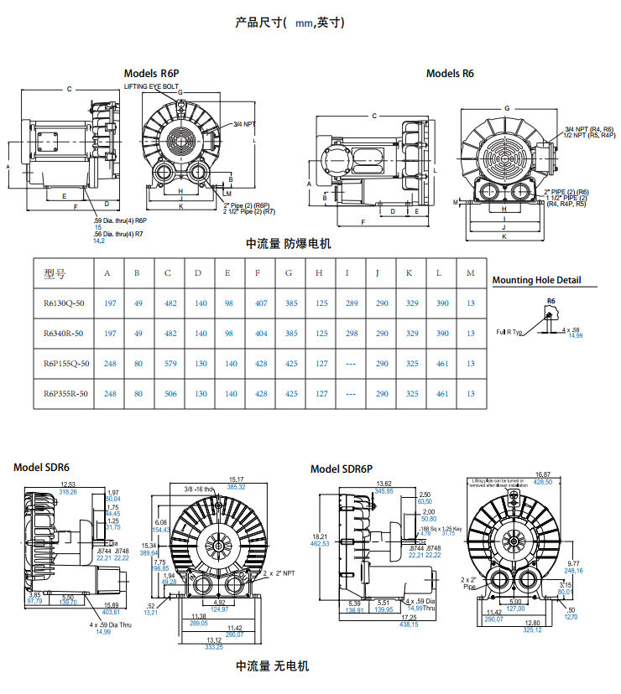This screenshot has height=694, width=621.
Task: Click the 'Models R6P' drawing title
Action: coord(151,74)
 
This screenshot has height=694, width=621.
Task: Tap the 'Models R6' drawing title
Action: coord(450,74)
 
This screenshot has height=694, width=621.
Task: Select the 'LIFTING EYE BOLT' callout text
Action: coord(152,86)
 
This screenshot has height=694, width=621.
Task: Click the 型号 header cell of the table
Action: coord(55,273)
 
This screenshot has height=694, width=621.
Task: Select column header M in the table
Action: coord(470,273)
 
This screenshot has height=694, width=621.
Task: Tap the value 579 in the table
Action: coord(168,363)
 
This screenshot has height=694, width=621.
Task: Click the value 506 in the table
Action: coord(168,393)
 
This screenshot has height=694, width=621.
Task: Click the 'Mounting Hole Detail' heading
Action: coord(536,281)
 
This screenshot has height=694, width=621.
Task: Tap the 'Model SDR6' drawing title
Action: coord(41,467)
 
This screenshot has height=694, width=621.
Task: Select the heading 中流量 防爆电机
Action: coord(289,244)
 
